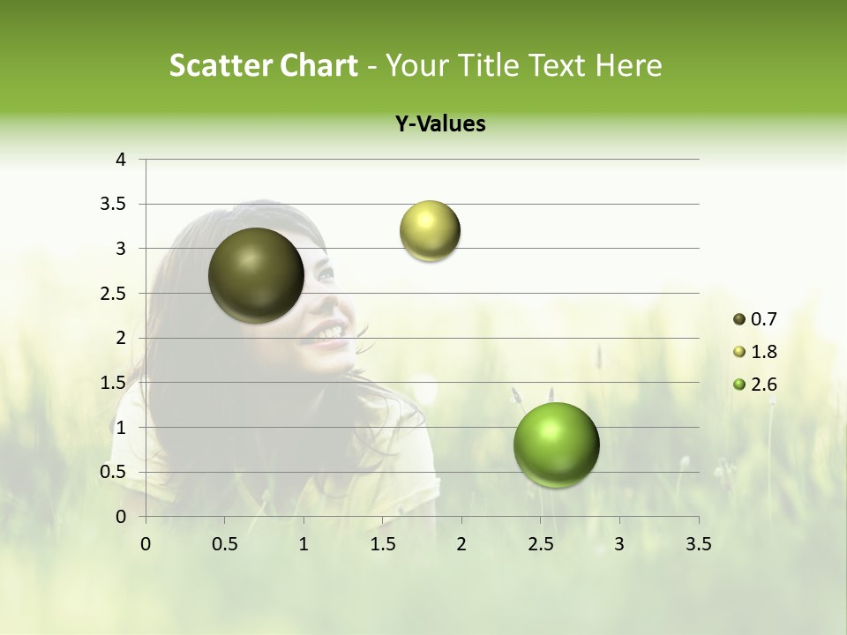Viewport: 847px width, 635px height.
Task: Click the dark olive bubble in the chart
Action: [257, 275]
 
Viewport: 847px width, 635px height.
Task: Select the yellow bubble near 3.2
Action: [430, 231]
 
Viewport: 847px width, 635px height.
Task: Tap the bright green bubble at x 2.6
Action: [556, 444]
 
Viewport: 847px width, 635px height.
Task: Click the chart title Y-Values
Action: [440, 124]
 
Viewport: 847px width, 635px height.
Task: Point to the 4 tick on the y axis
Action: [122, 160]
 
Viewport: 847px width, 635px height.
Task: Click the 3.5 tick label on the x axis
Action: [698, 544]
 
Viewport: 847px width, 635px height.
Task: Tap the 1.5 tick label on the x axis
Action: [382, 544]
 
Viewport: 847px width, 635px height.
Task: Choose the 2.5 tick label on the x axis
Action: [540, 544]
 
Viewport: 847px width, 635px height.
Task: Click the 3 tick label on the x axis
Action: [619, 544]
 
